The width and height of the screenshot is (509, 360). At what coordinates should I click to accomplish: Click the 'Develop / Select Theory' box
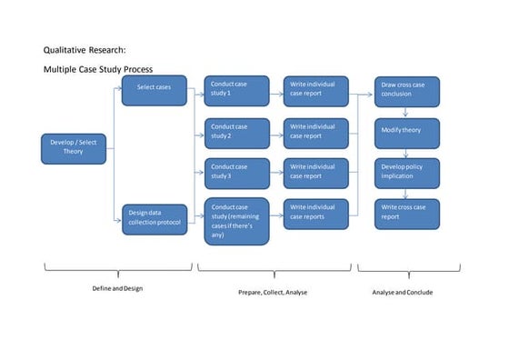coord(74,147)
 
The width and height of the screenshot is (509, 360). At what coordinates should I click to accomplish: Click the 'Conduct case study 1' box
coord(236,88)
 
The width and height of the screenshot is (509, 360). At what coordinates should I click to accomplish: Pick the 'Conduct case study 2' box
coord(236,132)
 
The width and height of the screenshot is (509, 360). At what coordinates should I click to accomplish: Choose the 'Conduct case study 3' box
coord(236,172)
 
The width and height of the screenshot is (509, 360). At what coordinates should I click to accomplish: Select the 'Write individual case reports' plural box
coord(315,213)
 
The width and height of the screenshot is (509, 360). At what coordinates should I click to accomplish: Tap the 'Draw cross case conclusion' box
coord(406,89)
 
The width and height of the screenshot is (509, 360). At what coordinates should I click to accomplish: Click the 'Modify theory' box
coord(406,132)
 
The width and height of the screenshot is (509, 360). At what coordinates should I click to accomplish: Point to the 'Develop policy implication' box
coord(406,172)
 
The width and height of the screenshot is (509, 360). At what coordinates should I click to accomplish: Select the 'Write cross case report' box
coord(406,213)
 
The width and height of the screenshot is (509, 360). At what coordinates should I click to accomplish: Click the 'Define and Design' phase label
coord(118,288)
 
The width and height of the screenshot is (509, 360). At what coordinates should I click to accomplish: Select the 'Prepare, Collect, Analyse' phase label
coord(274,292)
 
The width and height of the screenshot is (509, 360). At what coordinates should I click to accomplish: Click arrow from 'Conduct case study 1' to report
coord(276,89)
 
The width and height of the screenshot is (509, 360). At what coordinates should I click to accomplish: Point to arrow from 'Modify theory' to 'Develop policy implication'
coord(406,153)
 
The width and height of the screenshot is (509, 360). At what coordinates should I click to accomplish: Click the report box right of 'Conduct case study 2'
coord(315,132)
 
